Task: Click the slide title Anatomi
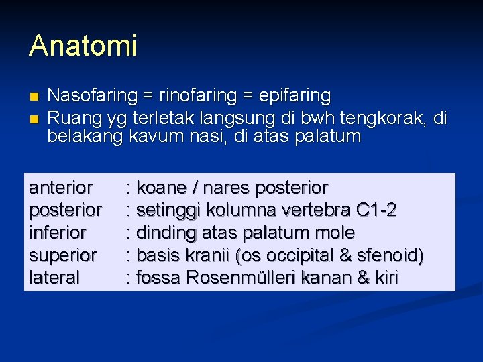tap(83, 46)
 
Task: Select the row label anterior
tap(60, 188)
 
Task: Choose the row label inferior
tap(58, 233)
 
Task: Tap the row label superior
tap(62, 255)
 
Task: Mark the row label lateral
tap(54, 278)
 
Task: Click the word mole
tap(333, 233)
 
